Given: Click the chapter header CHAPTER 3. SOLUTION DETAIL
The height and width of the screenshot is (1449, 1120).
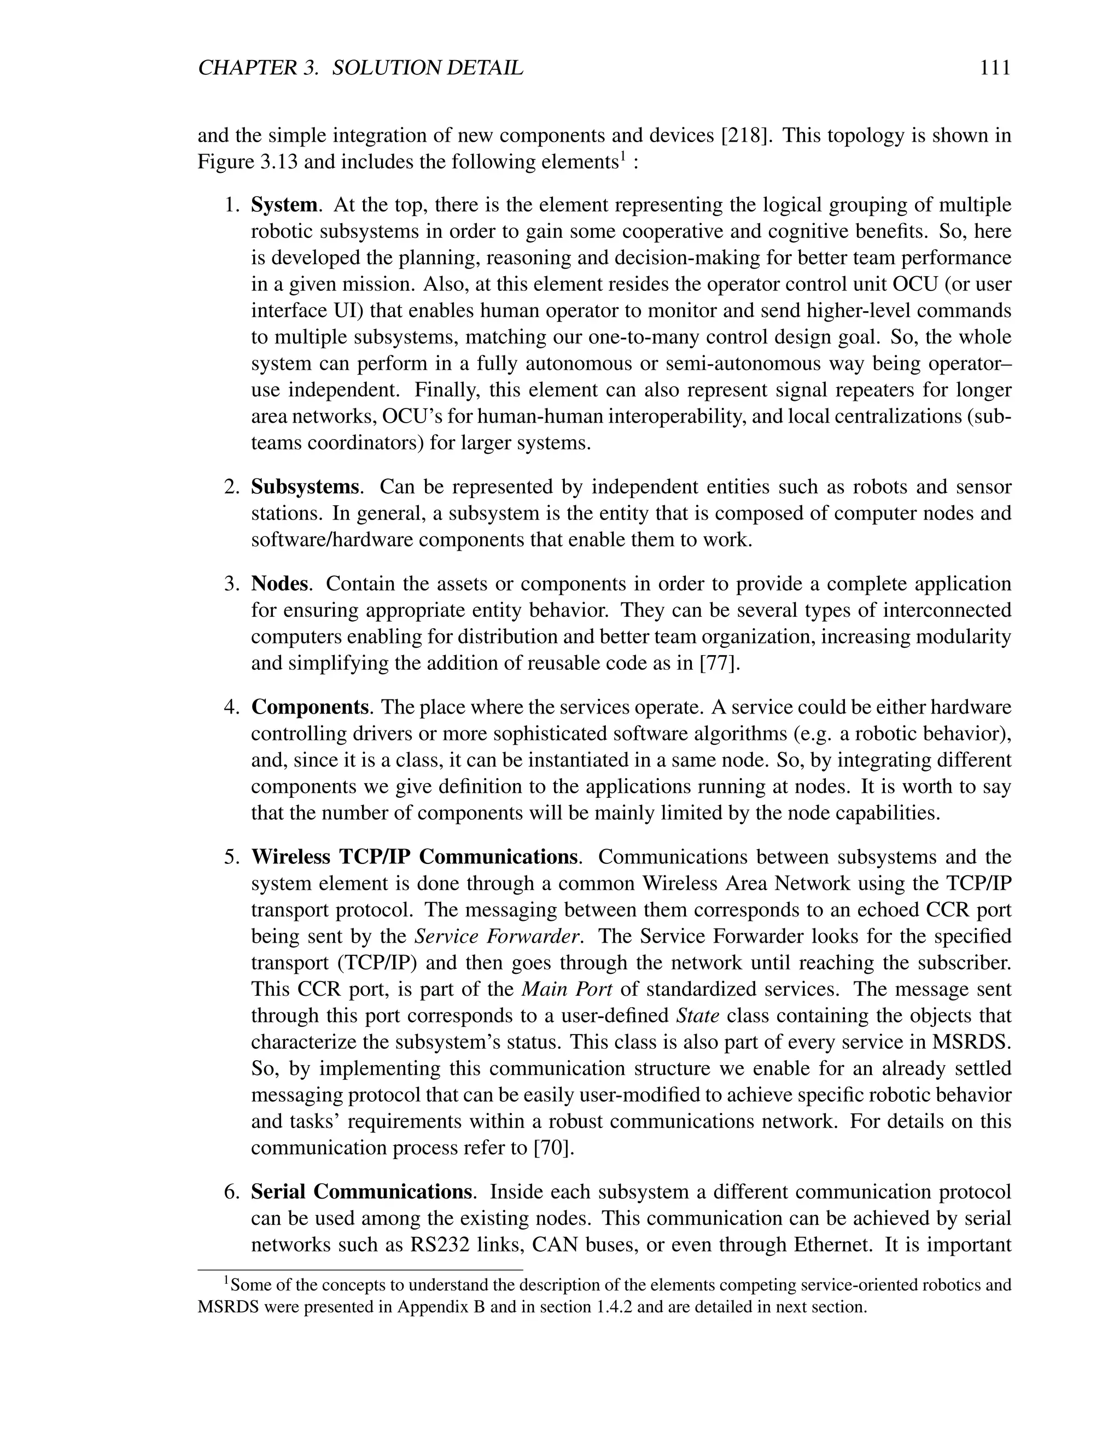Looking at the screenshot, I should pos(360,68).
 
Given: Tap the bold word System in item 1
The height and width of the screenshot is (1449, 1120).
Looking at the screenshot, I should pos(284,205).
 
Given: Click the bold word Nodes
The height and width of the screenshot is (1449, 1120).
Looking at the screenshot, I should pos(279,584).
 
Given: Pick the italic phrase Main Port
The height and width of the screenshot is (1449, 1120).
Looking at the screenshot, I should pos(567,989).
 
